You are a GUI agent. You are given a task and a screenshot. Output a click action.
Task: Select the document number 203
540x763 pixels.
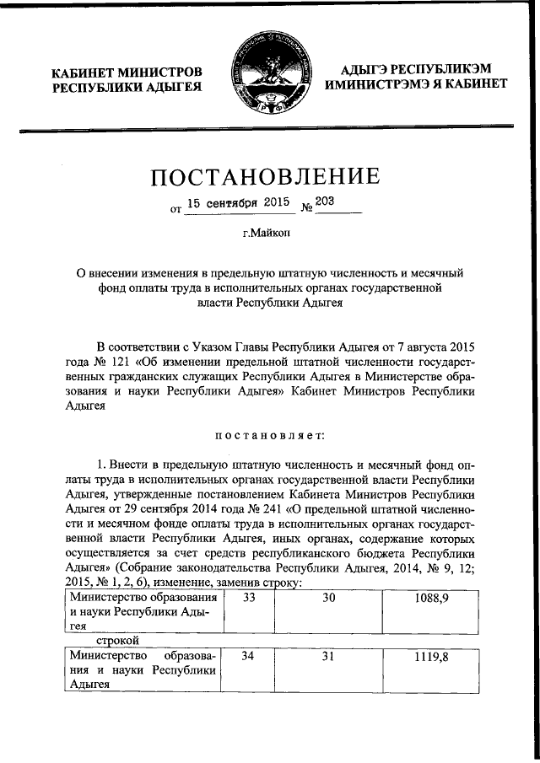point(324,202)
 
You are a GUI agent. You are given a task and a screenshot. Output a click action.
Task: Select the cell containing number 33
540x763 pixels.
point(249,597)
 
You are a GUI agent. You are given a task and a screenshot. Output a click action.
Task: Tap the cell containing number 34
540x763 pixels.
point(249,656)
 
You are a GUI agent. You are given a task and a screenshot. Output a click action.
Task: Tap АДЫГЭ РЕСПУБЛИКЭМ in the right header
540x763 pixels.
point(413,67)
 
